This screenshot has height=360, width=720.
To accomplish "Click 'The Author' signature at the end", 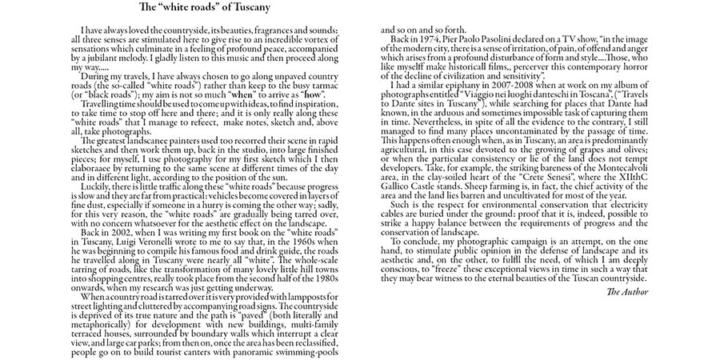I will [628, 294].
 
